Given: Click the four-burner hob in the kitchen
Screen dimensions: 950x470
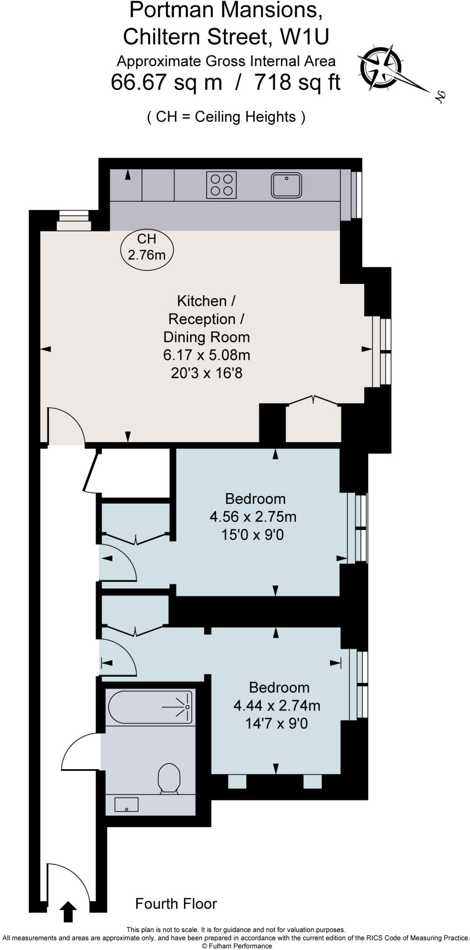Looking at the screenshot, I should click(x=222, y=185).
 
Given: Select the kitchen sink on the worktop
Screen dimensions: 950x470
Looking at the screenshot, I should click(x=287, y=185).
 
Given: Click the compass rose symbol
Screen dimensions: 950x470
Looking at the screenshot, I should click(x=379, y=68).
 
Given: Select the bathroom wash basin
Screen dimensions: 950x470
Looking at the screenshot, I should click(x=126, y=805).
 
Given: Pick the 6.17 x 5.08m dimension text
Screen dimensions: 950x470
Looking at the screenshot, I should click(x=207, y=355).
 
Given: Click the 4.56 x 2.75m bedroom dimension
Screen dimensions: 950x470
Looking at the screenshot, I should click(x=253, y=517).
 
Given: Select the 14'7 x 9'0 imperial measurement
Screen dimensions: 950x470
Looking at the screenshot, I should click(x=276, y=723).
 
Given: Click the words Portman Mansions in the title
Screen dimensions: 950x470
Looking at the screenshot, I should click(x=226, y=10).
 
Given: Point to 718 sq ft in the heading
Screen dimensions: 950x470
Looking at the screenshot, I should click(x=297, y=83).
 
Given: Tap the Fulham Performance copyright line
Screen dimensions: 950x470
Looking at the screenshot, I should click(x=237, y=946).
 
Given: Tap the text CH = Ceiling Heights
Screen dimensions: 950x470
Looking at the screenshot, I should click(x=226, y=117).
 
